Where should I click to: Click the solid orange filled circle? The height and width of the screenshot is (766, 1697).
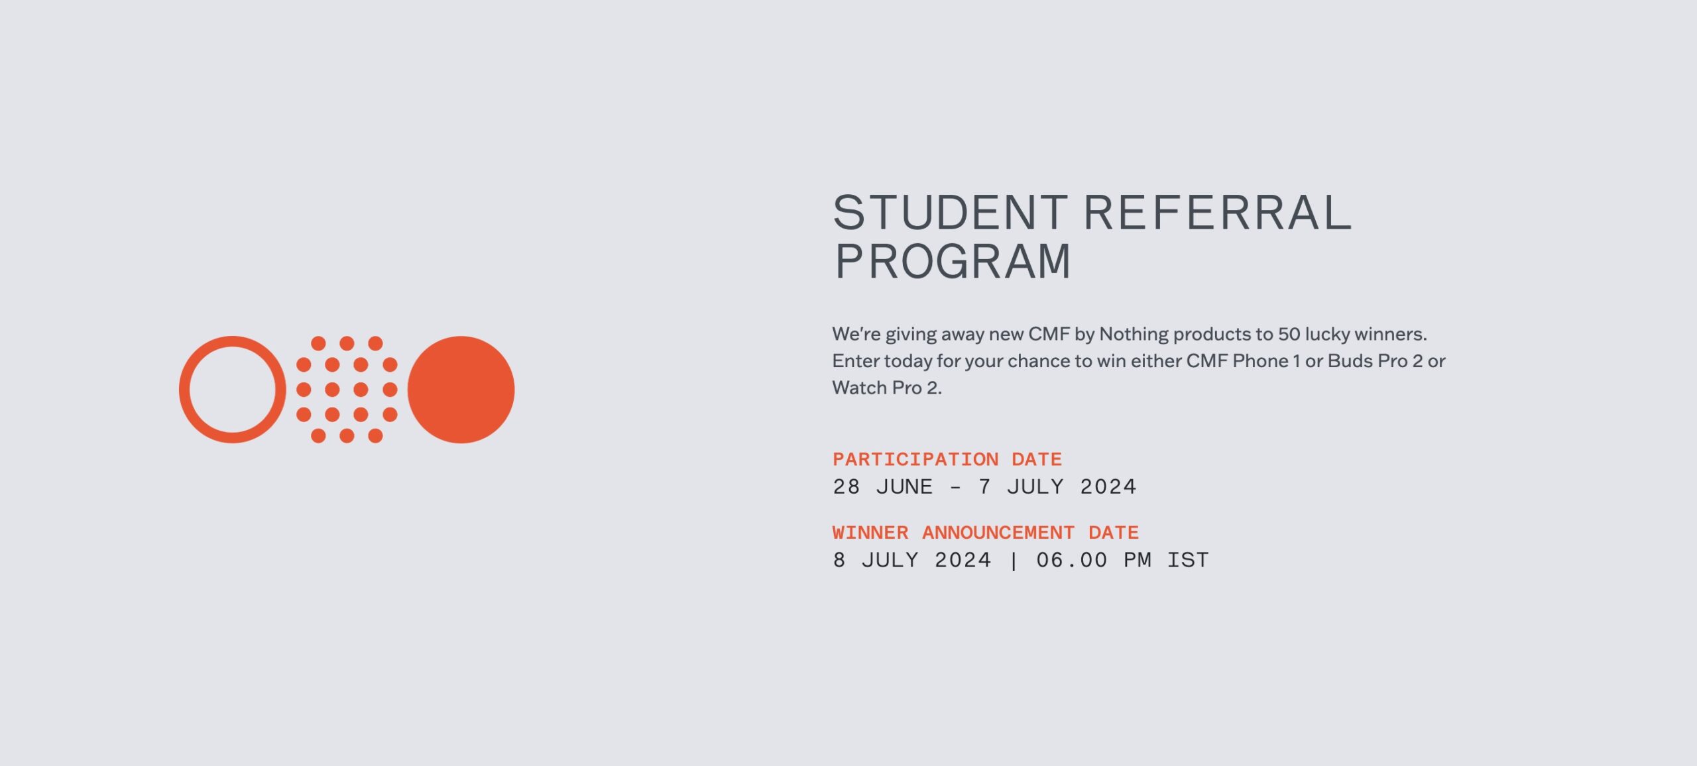pos(461,390)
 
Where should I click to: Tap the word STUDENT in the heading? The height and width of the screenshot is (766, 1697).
pos(950,213)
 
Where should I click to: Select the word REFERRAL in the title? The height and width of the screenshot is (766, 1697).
pos(1217,213)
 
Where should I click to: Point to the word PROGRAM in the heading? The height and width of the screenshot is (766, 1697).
pos(952,262)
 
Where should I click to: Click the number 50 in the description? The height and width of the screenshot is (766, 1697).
pos(1289,334)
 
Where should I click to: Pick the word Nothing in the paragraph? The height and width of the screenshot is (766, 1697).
pos(1134,334)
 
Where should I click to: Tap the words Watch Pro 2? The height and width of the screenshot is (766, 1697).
pos(886,388)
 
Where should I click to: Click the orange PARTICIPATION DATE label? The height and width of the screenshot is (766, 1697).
pos(947,459)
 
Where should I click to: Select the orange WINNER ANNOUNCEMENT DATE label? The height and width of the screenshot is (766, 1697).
pos(986,533)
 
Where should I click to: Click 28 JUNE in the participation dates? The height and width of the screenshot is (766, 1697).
pos(882,487)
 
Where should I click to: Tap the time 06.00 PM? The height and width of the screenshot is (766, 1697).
pos(1093,561)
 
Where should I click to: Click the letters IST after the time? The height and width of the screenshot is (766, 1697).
pos(1188,561)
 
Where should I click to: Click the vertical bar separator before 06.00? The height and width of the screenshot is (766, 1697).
pos(1014,561)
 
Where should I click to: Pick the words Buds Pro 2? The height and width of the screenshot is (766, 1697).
pos(1375,361)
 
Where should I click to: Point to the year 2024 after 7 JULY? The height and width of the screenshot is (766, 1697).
pos(1108,487)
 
